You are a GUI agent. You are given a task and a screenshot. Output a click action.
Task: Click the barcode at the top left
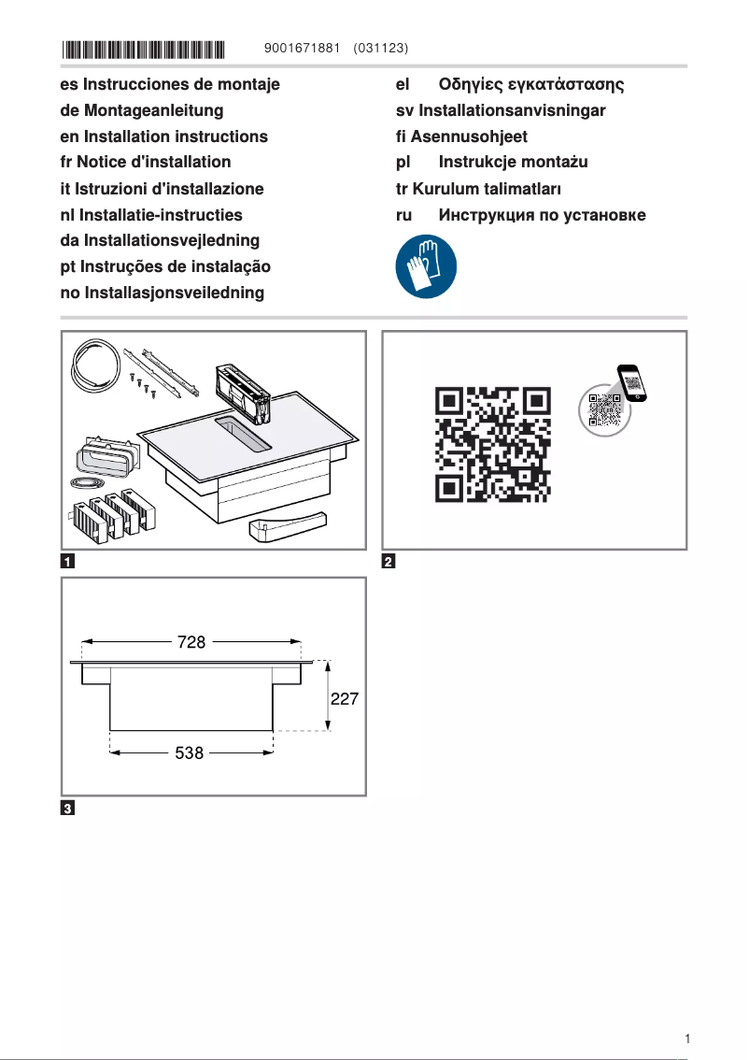tap(144, 48)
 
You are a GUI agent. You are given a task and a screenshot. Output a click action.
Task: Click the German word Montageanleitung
tap(154, 110)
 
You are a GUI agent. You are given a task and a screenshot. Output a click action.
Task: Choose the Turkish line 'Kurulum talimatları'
tap(487, 189)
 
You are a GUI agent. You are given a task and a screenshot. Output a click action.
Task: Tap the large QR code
tap(492, 442)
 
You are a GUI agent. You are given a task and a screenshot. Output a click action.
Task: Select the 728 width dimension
tap(191, 642)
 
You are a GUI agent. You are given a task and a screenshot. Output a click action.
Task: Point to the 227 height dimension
tap(343, 698)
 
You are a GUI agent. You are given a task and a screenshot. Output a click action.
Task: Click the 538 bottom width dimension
tap(190, 752)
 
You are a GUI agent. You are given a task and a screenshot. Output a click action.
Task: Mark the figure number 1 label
tap(68, 562)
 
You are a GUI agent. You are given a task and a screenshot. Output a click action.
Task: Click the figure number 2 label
tap(389, 562)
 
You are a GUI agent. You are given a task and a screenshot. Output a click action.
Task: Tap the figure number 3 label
tap(68, 808)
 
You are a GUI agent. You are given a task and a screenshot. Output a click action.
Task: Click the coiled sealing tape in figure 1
tap(94, 367)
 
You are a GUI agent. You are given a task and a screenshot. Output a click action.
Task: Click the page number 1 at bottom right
tap(687, 1039)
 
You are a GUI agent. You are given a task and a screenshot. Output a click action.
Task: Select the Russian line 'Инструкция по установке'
tap(542, 215)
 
